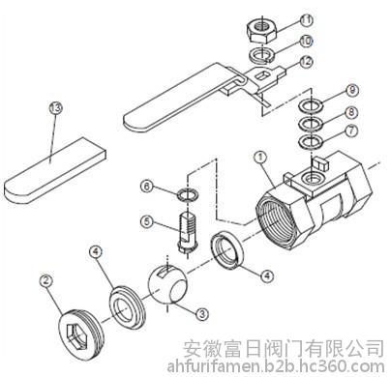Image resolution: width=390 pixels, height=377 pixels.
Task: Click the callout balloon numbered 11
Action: tap(306, 20)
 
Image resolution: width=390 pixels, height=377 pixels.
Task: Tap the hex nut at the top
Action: tap(262, 30)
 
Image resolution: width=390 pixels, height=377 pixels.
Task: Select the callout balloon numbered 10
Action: tap(306, 41)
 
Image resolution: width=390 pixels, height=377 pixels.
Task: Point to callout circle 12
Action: tap(306, 61)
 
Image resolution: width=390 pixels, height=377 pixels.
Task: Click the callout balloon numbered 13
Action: tap(55, 107)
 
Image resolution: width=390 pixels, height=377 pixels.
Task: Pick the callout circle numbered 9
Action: tap(352, 90)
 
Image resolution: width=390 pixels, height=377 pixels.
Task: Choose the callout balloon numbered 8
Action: tap(351, 112)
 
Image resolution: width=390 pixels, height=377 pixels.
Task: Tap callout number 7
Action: tap(351, 130)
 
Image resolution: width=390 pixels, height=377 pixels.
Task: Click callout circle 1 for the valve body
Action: tap(260, 158)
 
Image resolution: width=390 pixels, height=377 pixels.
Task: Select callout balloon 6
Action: tap(147, 187)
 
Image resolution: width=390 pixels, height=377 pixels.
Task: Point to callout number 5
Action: tap(147, 222)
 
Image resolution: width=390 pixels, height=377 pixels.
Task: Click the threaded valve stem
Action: tap(188, 230)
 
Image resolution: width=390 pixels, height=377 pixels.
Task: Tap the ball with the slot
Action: tap(167, 285)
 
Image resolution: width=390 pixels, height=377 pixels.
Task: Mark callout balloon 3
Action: tap(202, 313)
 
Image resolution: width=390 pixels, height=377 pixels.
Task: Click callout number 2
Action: tap(46, 280)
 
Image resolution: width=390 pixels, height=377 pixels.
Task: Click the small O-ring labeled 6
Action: tap(188, 195)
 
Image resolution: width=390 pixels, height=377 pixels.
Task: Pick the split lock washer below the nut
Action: tap(261, 54)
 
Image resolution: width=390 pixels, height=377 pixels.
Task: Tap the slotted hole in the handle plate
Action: tap(263, 76)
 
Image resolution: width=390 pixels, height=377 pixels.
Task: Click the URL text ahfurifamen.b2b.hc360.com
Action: tap(276, 366)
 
